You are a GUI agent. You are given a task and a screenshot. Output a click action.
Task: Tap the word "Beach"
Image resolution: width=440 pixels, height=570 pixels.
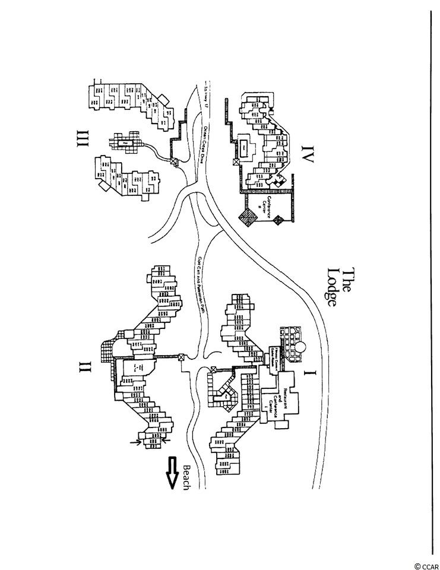point(186,476)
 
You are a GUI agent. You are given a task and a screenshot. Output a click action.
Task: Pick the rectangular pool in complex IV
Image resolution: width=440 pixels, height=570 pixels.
point(244,146)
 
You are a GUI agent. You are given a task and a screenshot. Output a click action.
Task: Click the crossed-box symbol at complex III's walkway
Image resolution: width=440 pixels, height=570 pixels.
point(174,161)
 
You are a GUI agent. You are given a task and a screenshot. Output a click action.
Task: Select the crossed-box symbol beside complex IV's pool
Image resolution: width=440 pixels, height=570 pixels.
point(236,160)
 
